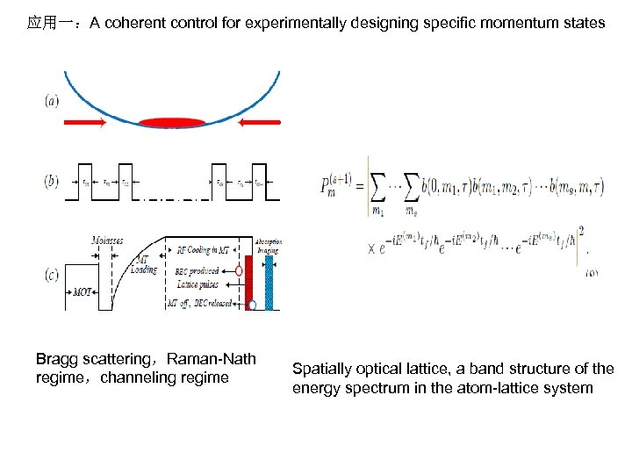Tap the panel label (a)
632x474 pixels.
click(53, 101)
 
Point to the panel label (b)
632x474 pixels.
click(53, 182)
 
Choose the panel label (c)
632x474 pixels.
click(53, 275)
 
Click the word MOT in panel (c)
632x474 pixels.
click(84, 291)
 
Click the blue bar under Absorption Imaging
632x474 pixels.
click(269, 282)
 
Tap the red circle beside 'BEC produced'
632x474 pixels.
click(239, 271)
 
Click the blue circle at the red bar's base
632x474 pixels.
click(252, 305)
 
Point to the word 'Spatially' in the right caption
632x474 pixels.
click(320, 370)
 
